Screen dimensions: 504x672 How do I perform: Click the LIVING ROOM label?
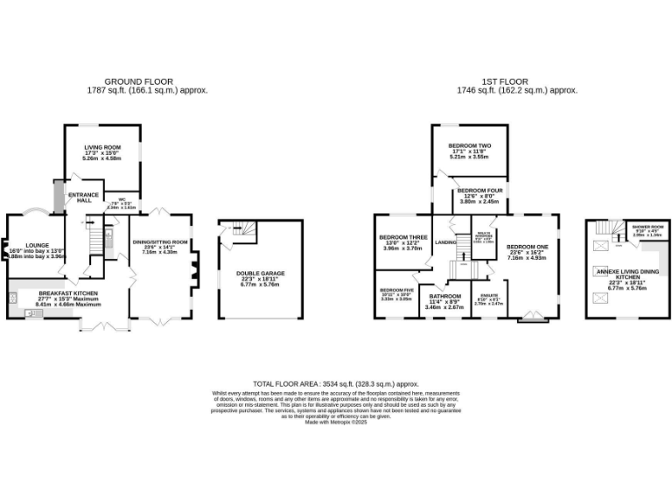point(101,147)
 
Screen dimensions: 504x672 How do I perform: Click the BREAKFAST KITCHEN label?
point(67,292)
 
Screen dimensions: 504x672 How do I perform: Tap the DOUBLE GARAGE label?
point(257,273)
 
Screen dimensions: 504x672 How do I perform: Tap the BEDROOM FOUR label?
point(479,190)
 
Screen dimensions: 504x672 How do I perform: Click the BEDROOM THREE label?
point(402,237)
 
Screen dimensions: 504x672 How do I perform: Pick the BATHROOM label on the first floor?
point(444,297)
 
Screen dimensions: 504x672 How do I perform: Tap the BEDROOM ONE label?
point(526,247)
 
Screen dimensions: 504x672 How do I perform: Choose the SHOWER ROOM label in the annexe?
point(648,226)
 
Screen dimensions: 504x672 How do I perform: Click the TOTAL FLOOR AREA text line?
point(336,383)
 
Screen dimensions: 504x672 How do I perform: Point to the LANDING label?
point(445,241)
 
